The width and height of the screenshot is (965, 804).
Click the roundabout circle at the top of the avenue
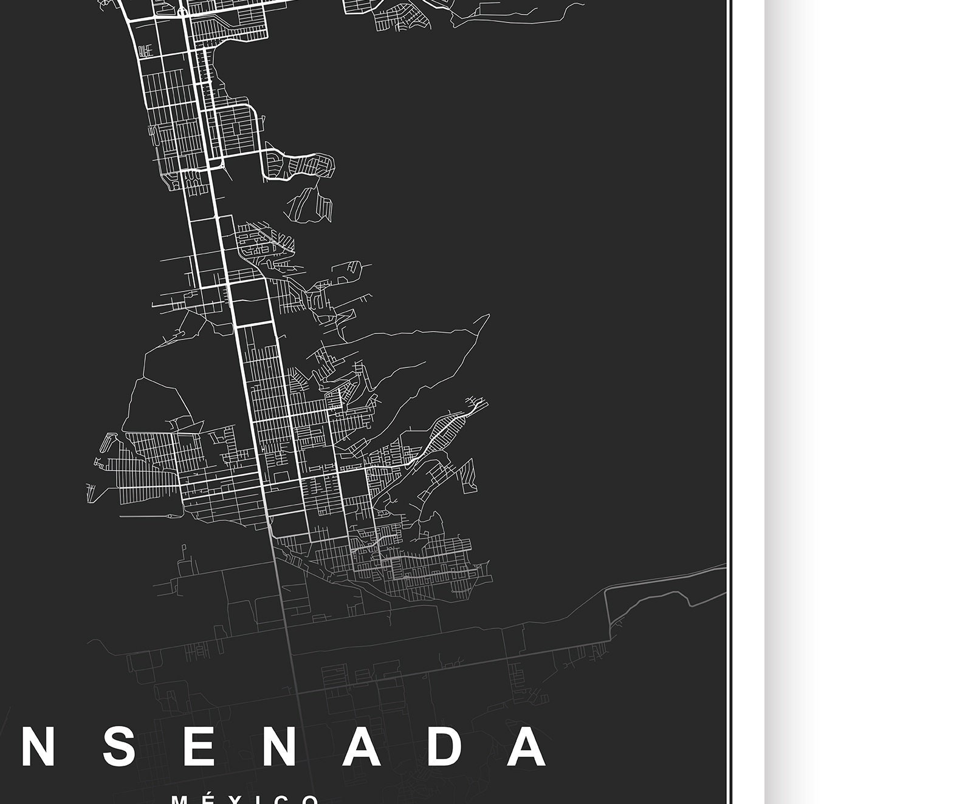pos(182,12)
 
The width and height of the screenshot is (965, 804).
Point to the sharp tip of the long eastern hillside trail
pos(489,315)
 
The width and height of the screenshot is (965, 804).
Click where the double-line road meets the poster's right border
pos(726,567)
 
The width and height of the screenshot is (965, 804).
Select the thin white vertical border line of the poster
pos(729,304)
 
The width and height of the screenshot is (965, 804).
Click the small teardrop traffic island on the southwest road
pos(171,516)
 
